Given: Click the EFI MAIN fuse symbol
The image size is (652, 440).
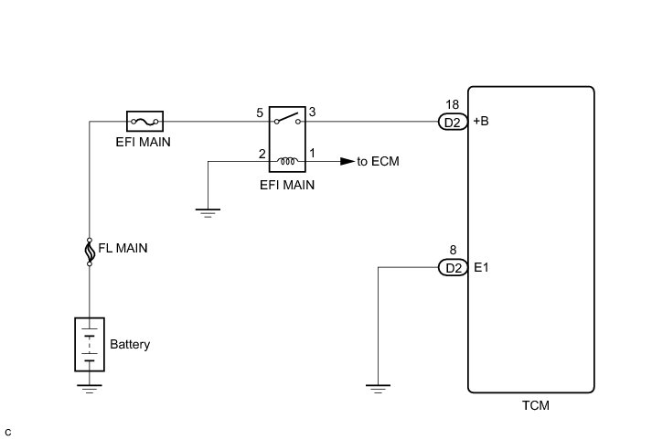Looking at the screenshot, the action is pyautogui.click(x=144, y=122).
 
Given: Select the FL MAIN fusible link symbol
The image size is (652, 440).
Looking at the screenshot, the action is pyautogui.click(x=90, y=252).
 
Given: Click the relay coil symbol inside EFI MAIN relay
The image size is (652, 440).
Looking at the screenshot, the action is pyautogui.click(x=287, y=161).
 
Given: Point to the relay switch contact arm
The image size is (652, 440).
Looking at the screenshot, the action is pyautogui.click(x=287, y=117).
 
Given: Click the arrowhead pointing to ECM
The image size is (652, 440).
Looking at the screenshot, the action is pyautogui.click(x=347, y=161).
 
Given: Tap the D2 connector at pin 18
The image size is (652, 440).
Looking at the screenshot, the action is pyautogui.click(x=453, y=123).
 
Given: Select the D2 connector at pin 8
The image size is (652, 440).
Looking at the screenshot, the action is pyautogui.click(x=453, y=268).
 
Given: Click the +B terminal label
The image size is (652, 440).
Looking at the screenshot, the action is pyautogui.click(x=481, y=121).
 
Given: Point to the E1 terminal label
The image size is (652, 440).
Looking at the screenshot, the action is pyautogui.click(x=481, y=267).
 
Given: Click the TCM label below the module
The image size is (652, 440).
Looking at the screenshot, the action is pyautogui.click(x=536, y=405).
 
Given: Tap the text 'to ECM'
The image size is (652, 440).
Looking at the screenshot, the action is pyautogui.click(x=378, y=161).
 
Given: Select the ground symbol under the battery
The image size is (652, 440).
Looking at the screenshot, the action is pyautogui.click(x=90, y=389).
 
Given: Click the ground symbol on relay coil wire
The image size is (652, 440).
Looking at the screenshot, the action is pyautogui.click(x=208, y=213).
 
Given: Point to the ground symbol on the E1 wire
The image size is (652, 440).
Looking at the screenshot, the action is pyautogui.click(x=378, y=389).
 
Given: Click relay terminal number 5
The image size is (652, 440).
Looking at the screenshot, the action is pyautogui.click(x=260, y=113).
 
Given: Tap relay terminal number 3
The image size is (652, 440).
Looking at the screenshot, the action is pyautogui.click(x=312, y=112).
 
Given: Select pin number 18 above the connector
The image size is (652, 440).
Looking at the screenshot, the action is pyautogui.click(x=453, y=104).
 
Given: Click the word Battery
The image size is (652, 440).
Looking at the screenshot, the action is pyautogui.click(x=130, y=344).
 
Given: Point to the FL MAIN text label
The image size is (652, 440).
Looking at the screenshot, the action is pyautogui.click(x=123, y=248).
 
